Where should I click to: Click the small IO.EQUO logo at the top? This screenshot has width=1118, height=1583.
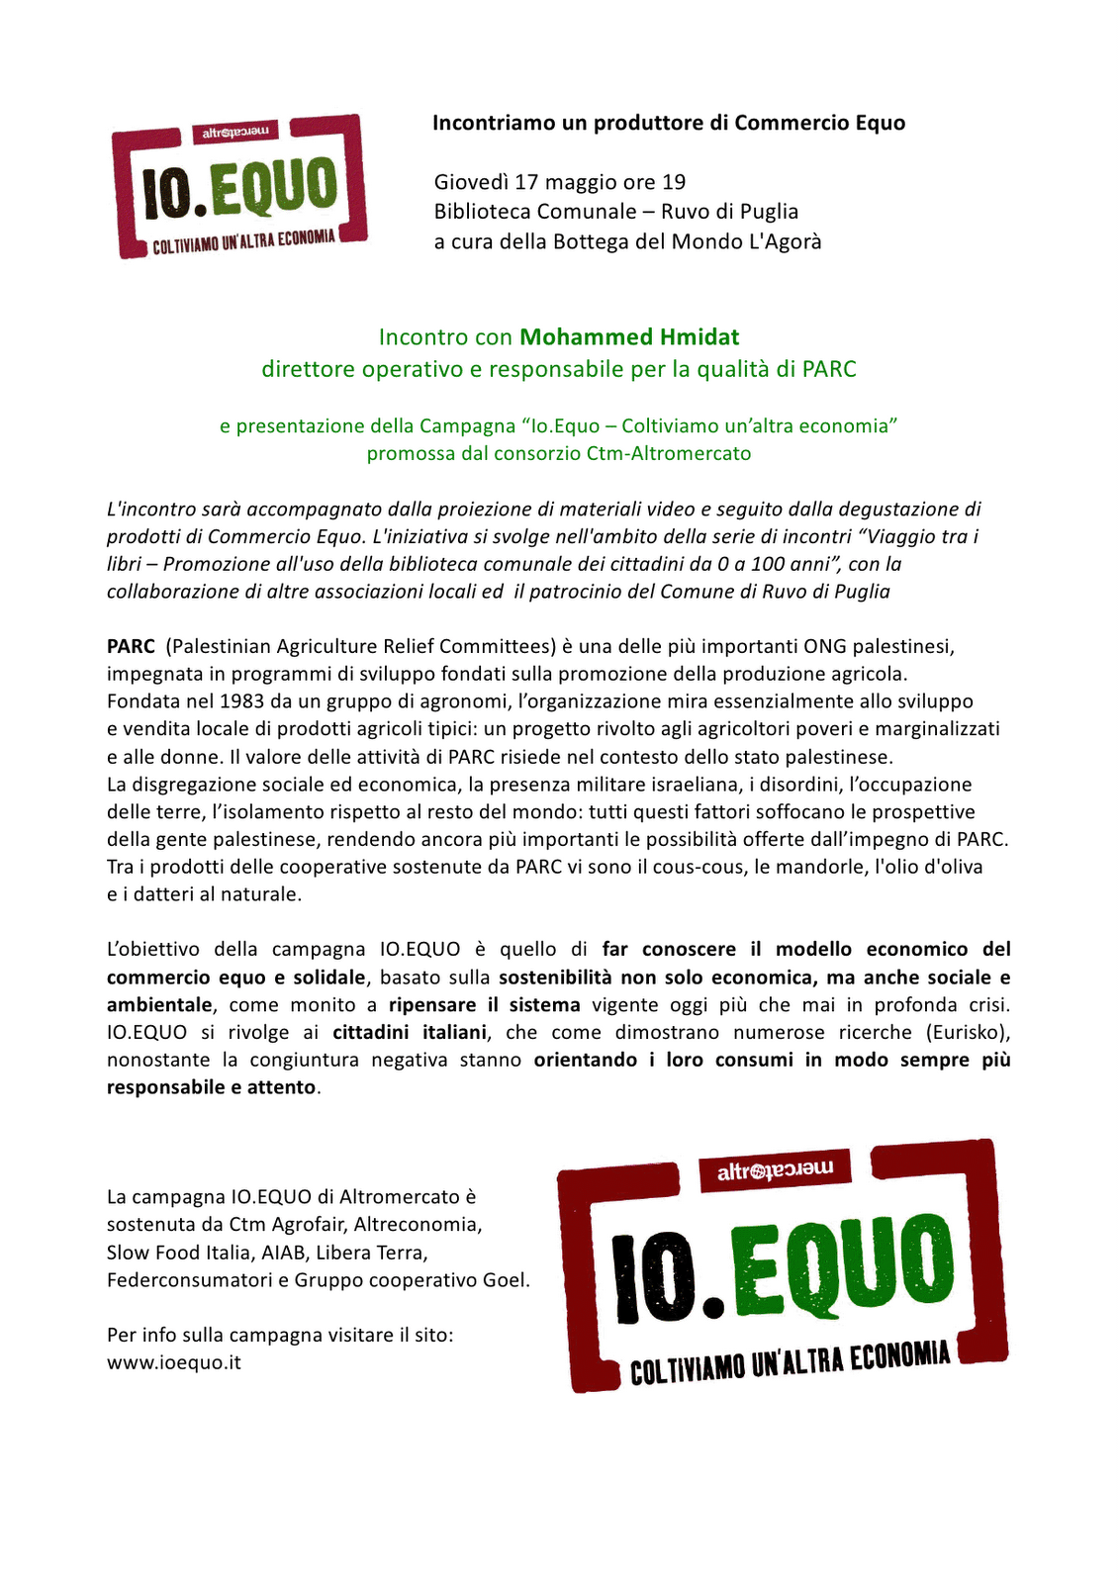click(x=239, y=187)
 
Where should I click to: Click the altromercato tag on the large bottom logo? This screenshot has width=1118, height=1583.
click(x=776, y=1169)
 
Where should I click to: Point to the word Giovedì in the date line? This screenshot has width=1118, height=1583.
click(x=471, y=182)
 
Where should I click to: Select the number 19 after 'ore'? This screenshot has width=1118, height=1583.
click(x=674, y=182)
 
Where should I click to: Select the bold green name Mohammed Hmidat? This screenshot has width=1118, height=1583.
click(x=629, y=337)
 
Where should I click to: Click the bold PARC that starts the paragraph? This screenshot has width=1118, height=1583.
click(x=131, y=646)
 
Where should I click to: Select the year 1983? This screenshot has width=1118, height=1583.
click(x=241, y=701)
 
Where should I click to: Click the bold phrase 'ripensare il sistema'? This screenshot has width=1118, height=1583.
click(x=484, y=1004)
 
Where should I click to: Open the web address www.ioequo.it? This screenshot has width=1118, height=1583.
click(x=174, y=1362)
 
